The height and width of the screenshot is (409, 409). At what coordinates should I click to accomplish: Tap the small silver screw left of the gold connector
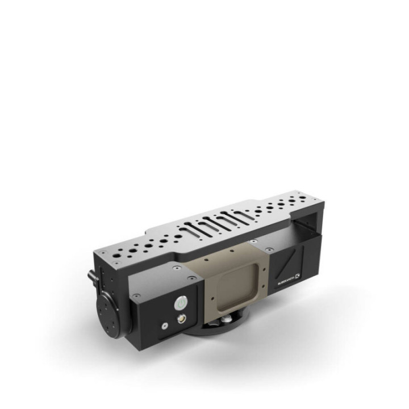pos(165,326)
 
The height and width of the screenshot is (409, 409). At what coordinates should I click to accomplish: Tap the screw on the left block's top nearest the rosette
pos(137,295)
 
